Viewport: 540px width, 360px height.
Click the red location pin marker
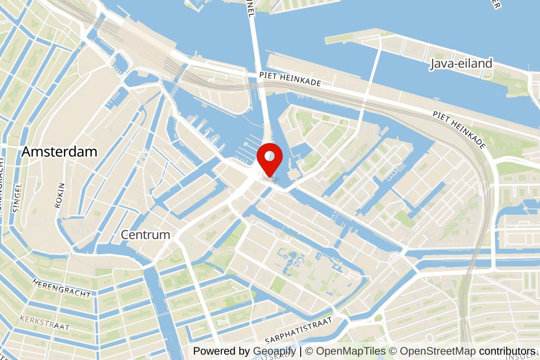(270, 160)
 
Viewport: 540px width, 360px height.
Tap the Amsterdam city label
(59, 152)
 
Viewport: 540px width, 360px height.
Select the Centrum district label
(145, 234)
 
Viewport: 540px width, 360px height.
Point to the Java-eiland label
(461, 63)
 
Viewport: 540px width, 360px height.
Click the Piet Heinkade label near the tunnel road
(290, 80)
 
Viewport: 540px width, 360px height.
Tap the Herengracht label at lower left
(62, 288)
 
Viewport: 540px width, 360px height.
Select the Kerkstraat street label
(45, 323)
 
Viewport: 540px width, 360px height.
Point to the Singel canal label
(17, 198)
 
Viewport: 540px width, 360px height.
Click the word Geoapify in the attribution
(274, 351)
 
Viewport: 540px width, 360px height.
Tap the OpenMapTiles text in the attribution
(351, 351)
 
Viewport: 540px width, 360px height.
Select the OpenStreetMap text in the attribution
(438, 351)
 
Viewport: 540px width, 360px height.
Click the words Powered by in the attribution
(222, 351)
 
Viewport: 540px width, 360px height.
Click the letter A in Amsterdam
(27, 152)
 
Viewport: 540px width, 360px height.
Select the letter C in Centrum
(125, 234)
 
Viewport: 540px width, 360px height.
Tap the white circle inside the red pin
(270, 156)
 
